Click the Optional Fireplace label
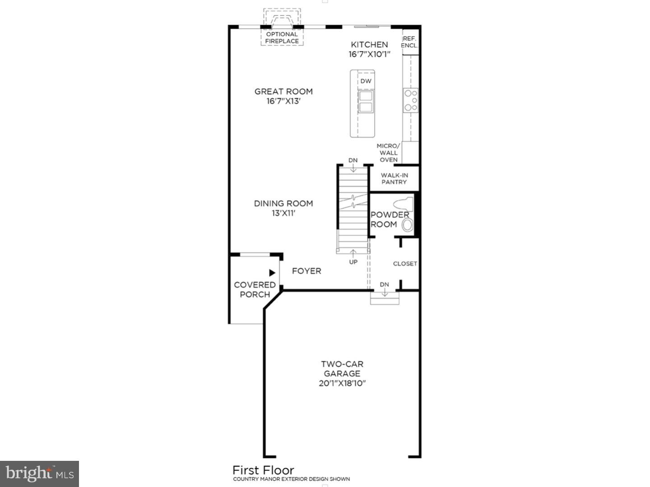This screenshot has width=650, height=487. (282, 37)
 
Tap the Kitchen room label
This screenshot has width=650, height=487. (369, 44)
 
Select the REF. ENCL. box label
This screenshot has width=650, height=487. (409, 42)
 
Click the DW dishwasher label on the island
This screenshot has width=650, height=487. (366, 81)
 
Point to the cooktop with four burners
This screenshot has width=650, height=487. (410, 100)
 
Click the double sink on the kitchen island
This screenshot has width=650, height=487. (365, 101)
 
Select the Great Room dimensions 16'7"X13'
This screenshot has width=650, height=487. (283, 101)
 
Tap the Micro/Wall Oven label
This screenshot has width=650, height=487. (388, 153)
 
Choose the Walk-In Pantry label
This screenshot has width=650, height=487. (394, 179)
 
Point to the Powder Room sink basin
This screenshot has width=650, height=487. (407, 225)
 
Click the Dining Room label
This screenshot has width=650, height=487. (283, 203)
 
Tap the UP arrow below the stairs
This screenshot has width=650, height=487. (353, 255)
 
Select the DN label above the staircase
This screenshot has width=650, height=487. (353, 160)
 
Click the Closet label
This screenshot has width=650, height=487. (405, 263)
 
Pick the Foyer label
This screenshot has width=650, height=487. (306, 271)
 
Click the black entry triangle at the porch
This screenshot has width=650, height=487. (272, 273)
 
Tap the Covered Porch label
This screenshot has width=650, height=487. (255, 289)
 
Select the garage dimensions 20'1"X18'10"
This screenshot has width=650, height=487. (342, 383)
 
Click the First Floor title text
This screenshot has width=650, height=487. (263, 470)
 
